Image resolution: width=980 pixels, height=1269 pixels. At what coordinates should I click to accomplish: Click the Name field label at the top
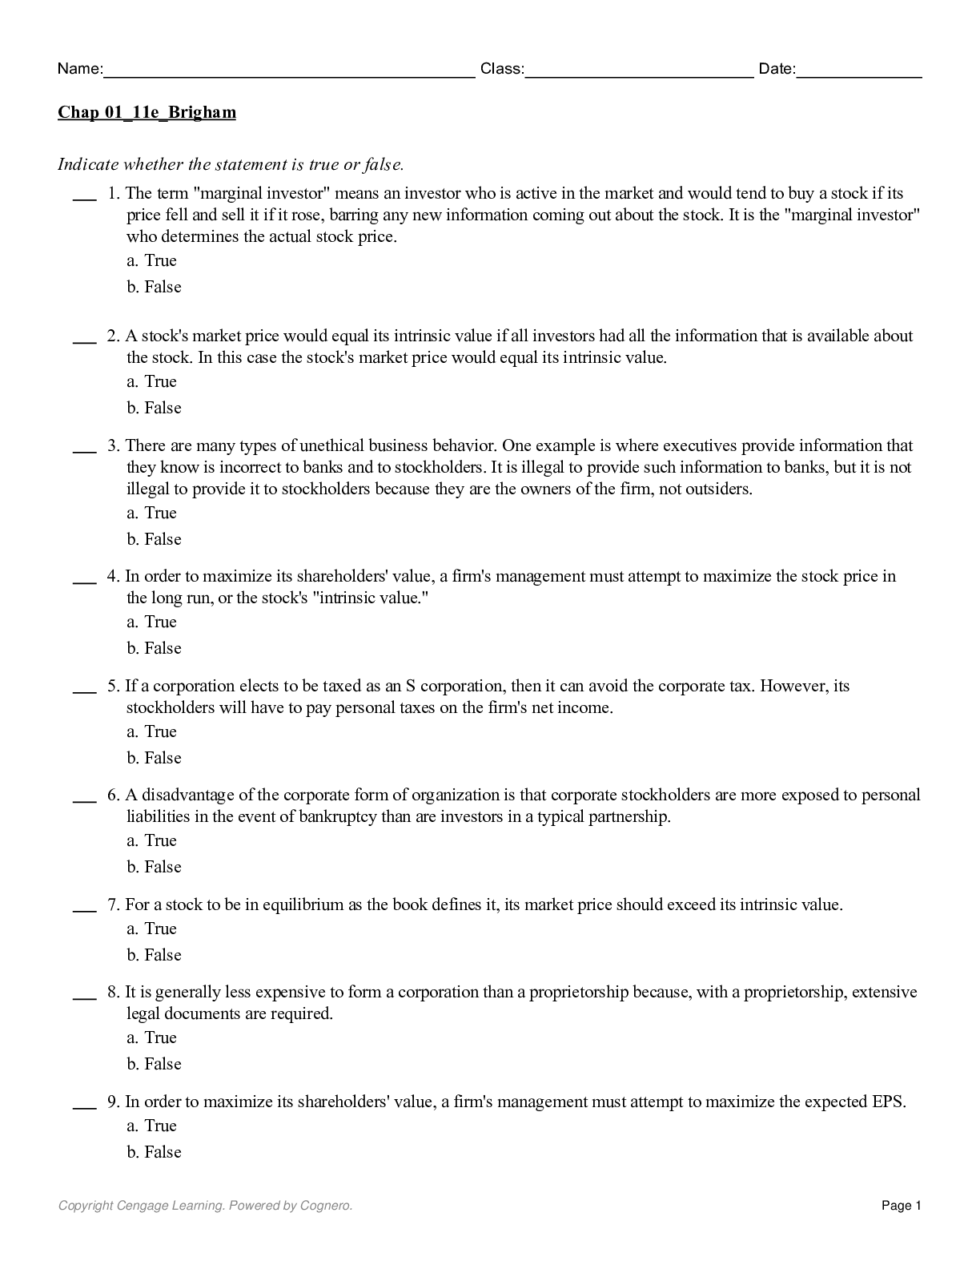pyautogui.click(x=79, y=69)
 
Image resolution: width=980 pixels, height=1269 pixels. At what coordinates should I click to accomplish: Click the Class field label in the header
pyautogui.click(x=501, y=69)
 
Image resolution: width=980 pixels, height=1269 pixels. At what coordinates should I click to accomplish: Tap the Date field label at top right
pyautogui.click(x=777, y=69)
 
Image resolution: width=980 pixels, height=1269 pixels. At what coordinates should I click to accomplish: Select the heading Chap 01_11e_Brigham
pyautogui.click(x=147, y=112)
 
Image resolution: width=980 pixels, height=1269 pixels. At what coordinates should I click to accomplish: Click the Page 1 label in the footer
pyautogui.click(x=902, y=1206)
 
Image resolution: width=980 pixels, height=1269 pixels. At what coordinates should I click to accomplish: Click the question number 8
pyautogui.click(x=113, y=992)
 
